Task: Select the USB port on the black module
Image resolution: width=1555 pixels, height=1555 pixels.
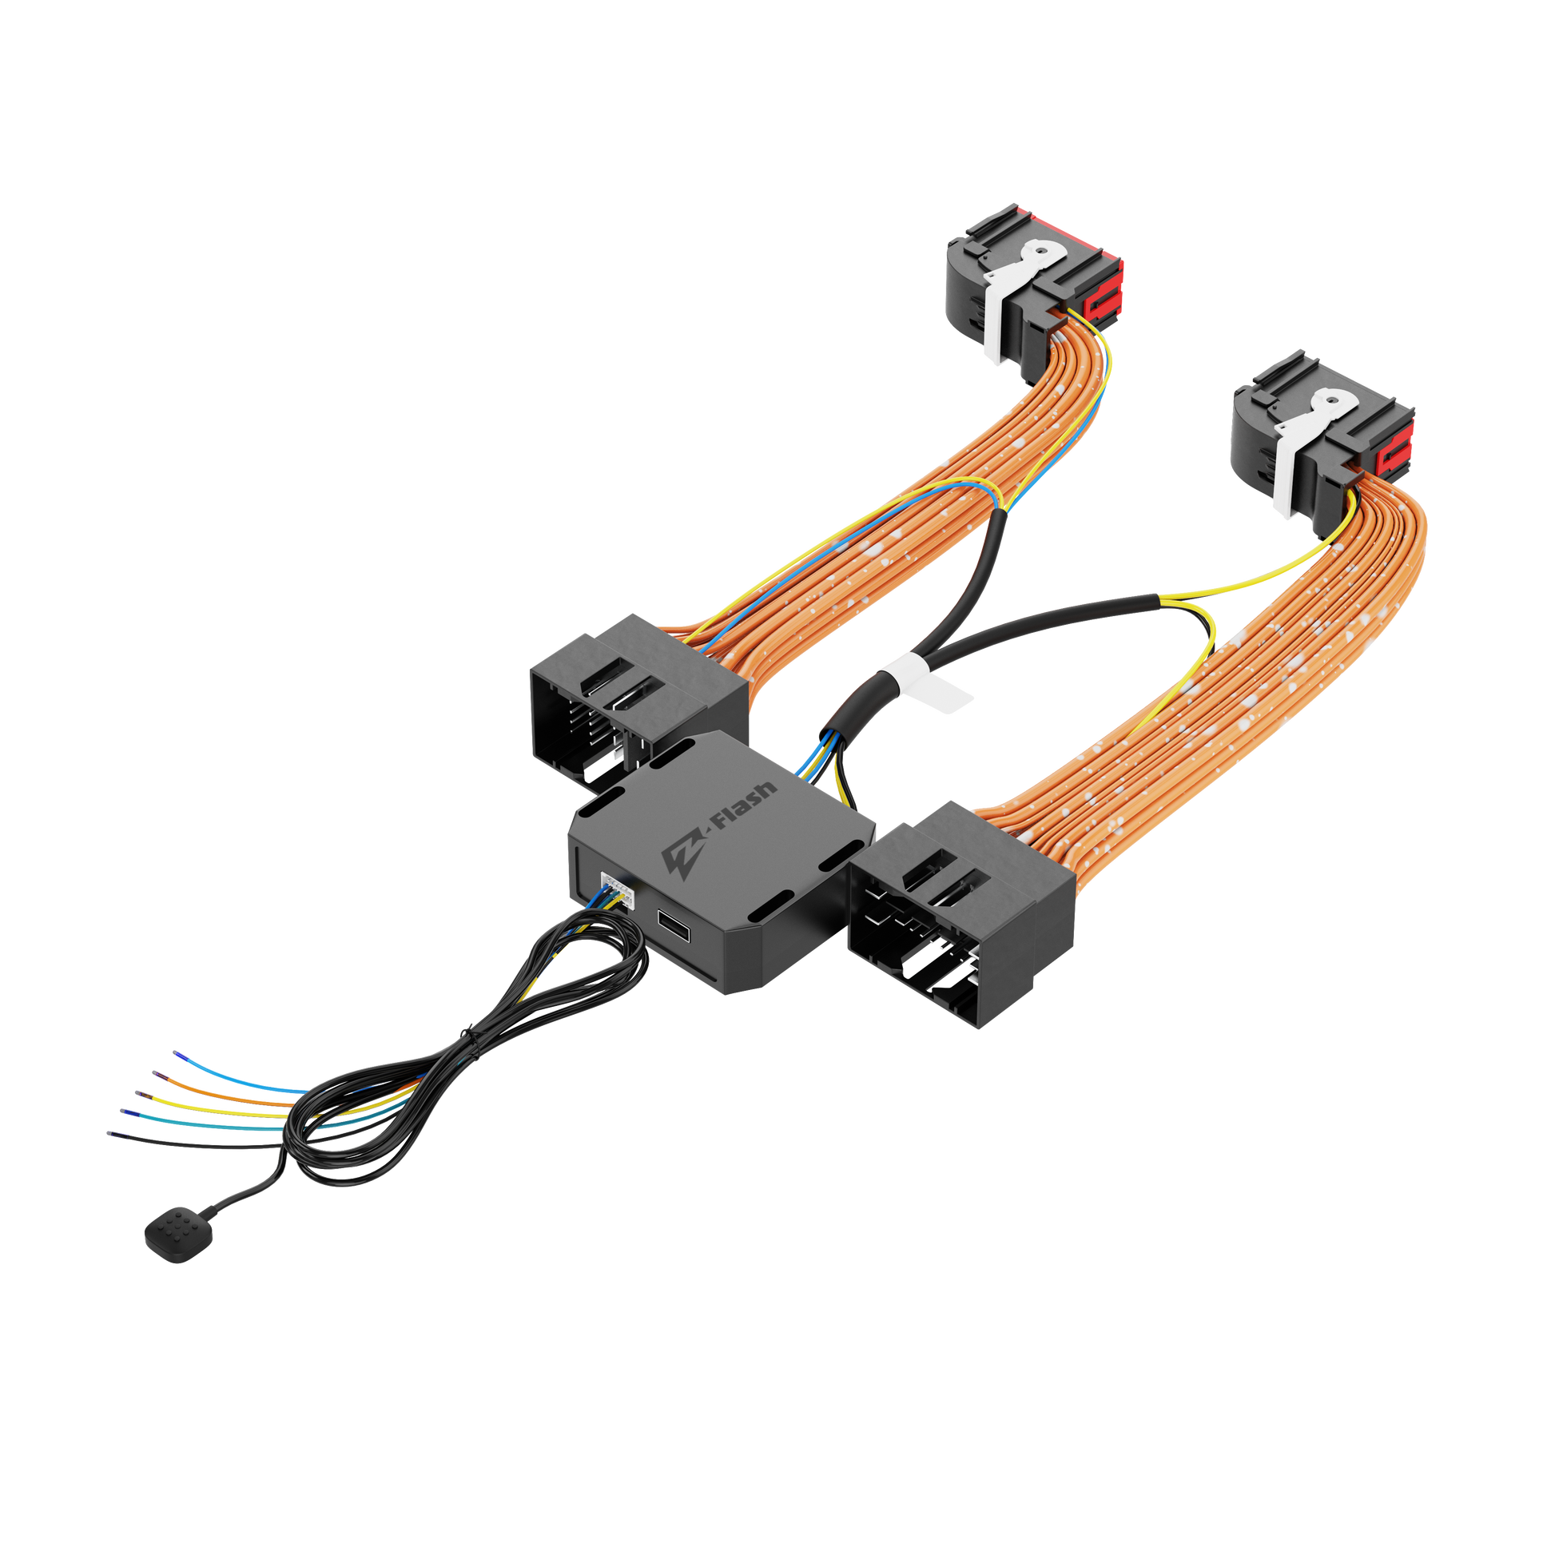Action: pyautogui.click(x=674, y=925)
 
